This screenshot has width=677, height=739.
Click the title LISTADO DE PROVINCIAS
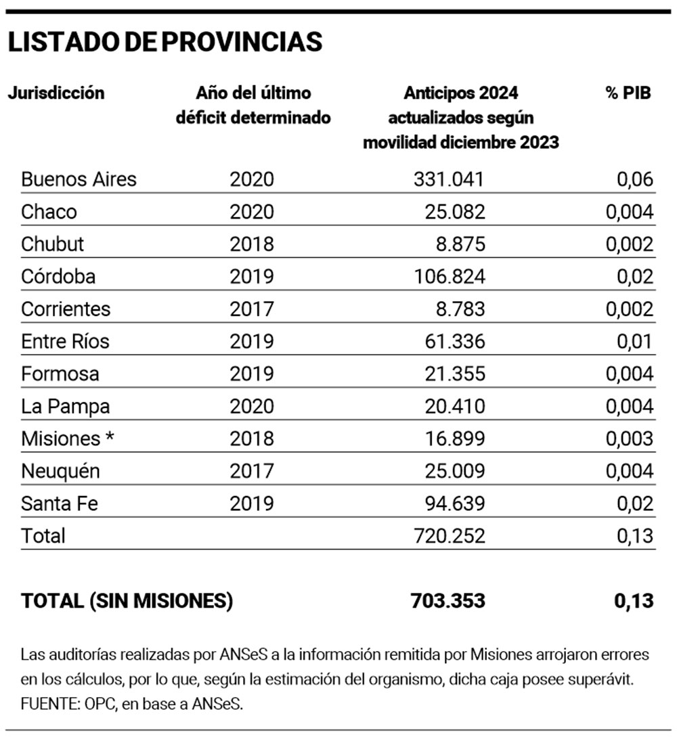[x=165, y=42]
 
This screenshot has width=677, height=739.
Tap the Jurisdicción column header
[x=56, y=93]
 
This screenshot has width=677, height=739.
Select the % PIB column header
[x=628, y=93]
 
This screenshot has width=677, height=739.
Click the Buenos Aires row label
[x=79, y=179]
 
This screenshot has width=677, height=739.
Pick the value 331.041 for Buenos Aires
[x=449, y=179]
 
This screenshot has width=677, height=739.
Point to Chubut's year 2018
[x=252, y=244]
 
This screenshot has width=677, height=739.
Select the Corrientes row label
[x=66, y=309]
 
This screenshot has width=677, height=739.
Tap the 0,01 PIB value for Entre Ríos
[x=634, y=342]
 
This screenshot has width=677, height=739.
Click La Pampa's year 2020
[x=252, y=407]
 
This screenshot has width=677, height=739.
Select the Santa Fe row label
[x=60, y=504]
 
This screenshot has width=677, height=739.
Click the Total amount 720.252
[x=449, y=536]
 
